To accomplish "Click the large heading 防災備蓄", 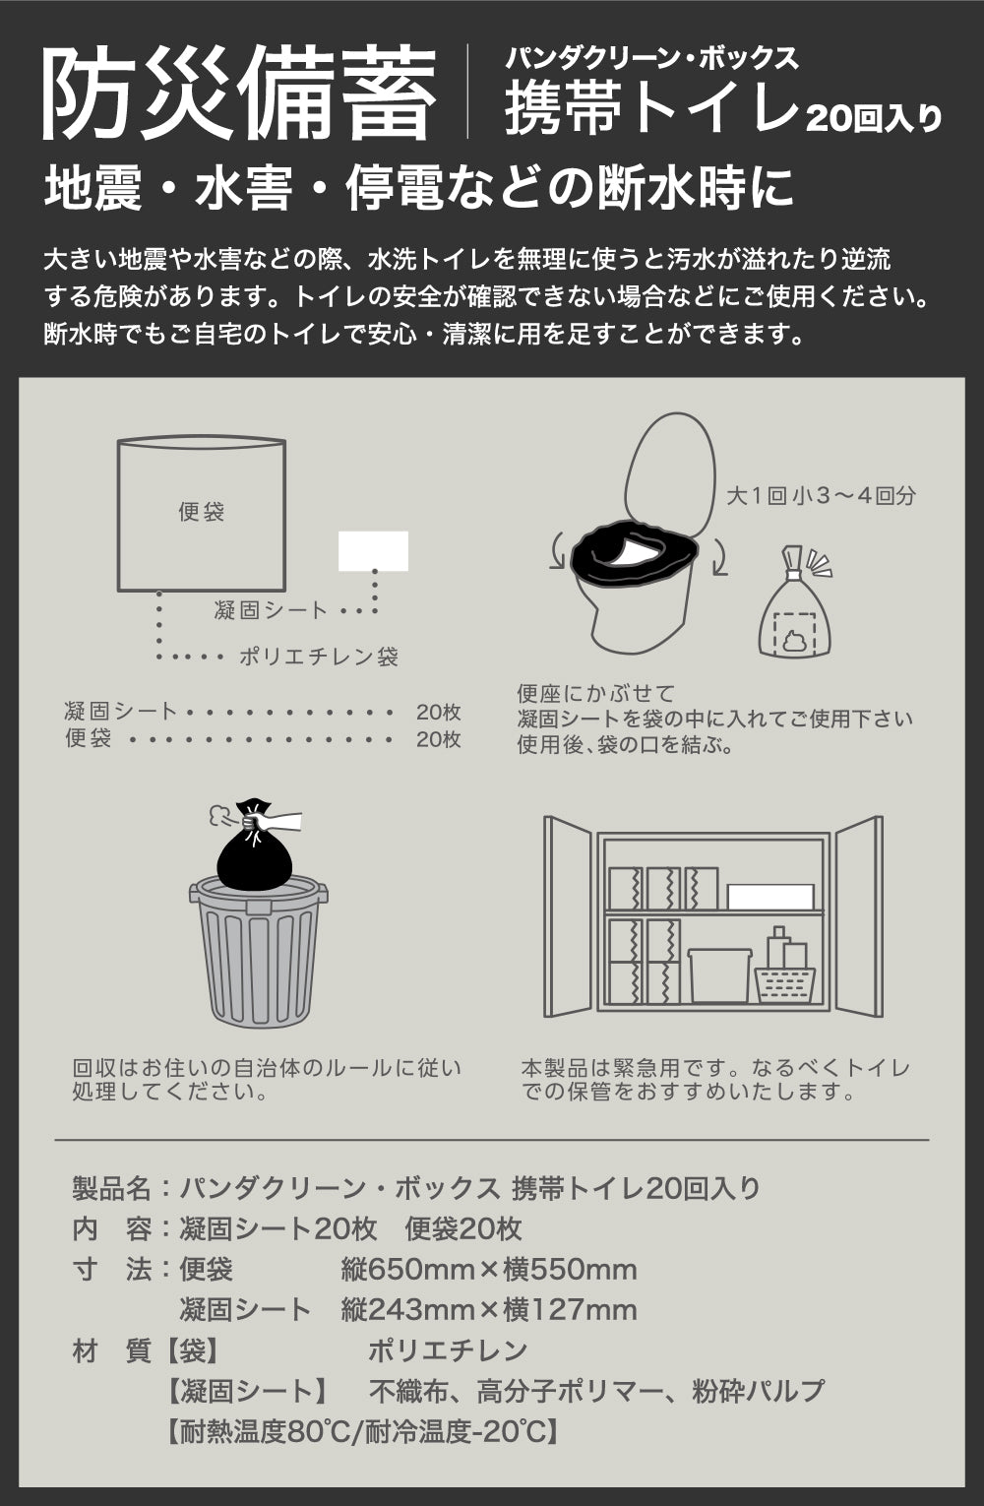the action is (x=239, y=94).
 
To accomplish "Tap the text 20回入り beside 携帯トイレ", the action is (x=874, y=119).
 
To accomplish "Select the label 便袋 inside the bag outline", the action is (x=201, y=512).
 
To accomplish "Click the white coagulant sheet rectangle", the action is (x=373, y=551).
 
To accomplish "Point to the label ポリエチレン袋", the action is (x=319, y=657).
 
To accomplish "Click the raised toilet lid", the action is (x=669, y=471).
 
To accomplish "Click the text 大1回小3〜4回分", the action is (x=822, y=496).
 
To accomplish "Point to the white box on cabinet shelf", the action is (x=770, y=897).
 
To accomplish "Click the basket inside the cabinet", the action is (x=785, y=985).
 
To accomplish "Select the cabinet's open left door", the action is (x=568, y=916).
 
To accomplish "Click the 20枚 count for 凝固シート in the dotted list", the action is (x=438, y=712).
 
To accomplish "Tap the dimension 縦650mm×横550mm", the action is (x=489, y=1270).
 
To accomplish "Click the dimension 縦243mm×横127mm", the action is (x=489, y=1310).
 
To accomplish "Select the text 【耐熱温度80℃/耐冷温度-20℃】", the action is (x=362, y=1432).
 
